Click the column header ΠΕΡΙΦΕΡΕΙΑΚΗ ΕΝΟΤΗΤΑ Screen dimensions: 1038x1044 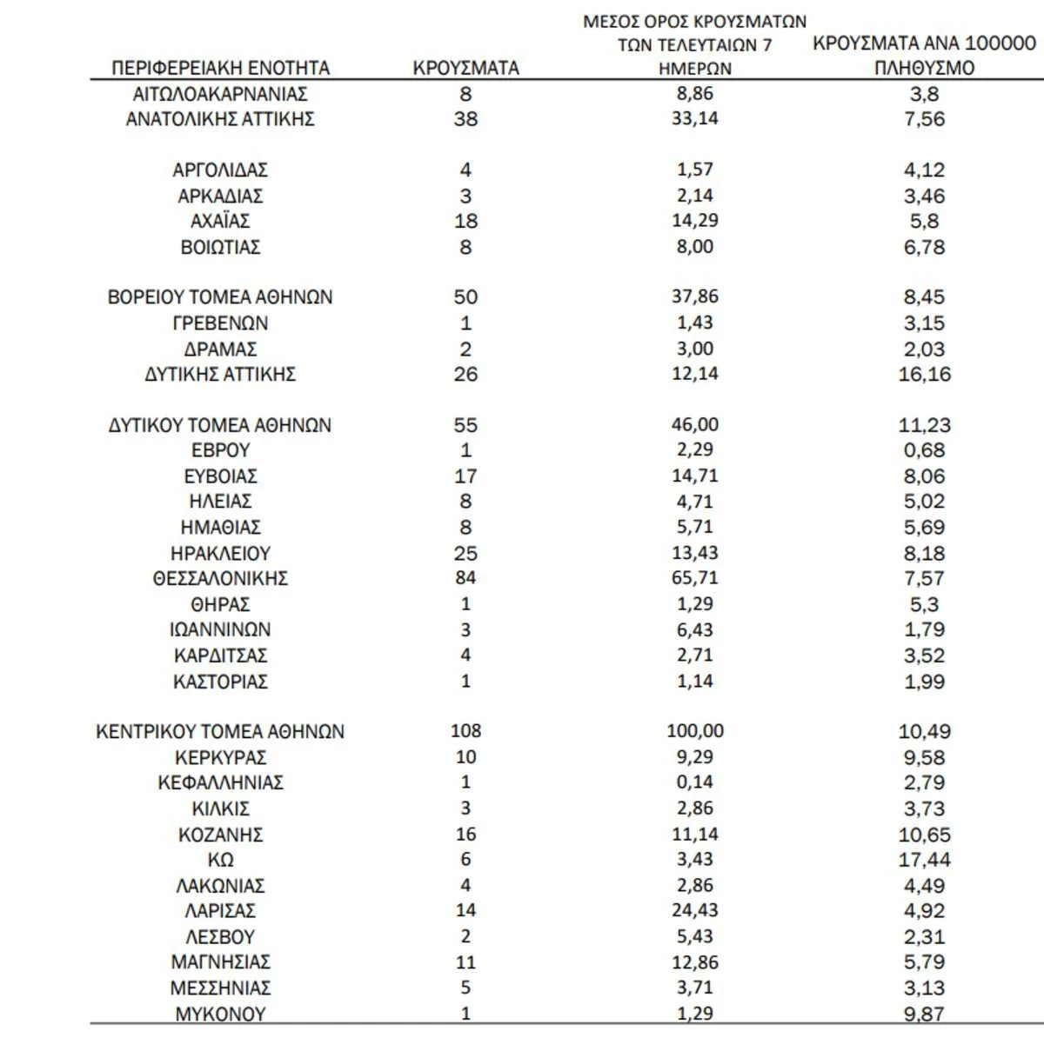221,68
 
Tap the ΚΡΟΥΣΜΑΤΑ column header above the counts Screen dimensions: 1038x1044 465,68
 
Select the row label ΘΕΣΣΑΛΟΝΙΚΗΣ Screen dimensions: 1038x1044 220,578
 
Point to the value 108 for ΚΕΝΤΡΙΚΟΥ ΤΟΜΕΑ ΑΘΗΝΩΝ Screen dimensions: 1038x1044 465,731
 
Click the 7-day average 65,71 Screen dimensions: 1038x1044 694,578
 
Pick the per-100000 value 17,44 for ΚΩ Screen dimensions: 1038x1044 924,860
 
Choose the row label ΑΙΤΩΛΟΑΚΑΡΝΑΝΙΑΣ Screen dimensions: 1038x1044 220,94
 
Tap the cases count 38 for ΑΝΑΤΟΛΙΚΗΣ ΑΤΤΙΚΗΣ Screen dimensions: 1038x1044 465,119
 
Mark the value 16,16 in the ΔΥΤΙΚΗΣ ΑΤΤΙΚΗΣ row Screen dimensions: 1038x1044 924,375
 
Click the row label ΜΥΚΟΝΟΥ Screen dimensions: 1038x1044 220,1014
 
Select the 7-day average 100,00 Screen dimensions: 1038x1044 694,731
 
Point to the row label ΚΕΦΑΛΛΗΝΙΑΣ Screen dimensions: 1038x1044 220,782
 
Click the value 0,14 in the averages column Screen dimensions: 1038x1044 694,782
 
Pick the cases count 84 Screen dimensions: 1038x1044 465,578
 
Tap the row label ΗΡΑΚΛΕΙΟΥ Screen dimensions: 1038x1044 220,553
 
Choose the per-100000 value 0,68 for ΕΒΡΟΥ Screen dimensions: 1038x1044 924,450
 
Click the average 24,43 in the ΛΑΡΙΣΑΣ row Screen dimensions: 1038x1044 694,910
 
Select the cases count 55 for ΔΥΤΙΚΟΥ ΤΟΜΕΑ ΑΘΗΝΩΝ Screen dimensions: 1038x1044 465,425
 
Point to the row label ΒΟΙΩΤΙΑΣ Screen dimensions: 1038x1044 220,247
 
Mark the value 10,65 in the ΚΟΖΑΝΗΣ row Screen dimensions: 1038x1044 924,835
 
